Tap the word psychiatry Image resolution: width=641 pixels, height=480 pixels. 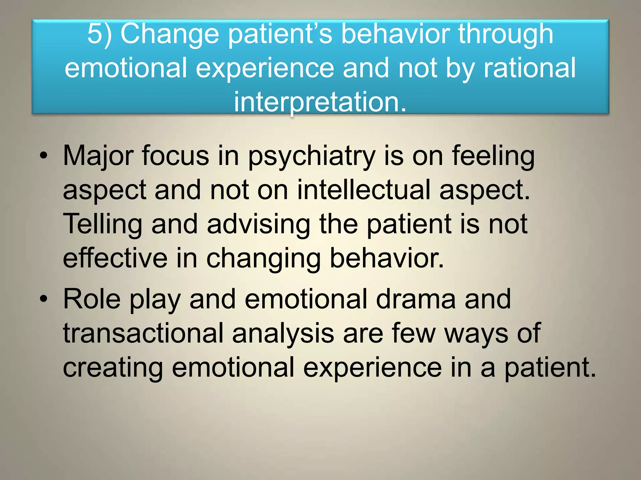click(312, 156)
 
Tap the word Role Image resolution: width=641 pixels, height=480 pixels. click(92, 299)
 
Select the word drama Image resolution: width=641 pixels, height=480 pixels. click(416, 299)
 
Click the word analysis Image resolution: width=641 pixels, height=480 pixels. click(283, 334)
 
